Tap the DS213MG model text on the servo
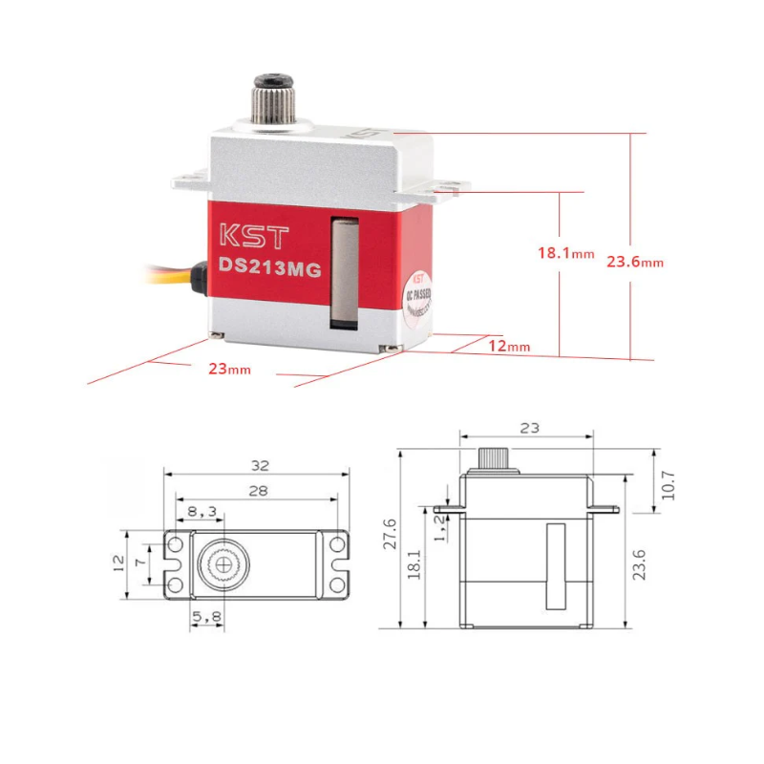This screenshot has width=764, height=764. pyautogui.click(x=268, y=268)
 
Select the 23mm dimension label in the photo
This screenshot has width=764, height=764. pyautogui.click(x=228, y=369)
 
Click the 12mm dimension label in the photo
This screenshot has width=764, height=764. pyautogui.click(x=507, y=346)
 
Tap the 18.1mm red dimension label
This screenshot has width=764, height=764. pyautogui.click(x=564, y=254)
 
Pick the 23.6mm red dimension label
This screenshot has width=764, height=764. pyautogui.click(x=634, y=261)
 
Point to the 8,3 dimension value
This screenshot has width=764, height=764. pyautogui.click(x=200, y=512)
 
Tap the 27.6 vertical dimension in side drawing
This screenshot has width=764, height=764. pyautogui.click(x=389, y=540)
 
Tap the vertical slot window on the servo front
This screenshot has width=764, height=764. pyautogui.click(x=342, y=273)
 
